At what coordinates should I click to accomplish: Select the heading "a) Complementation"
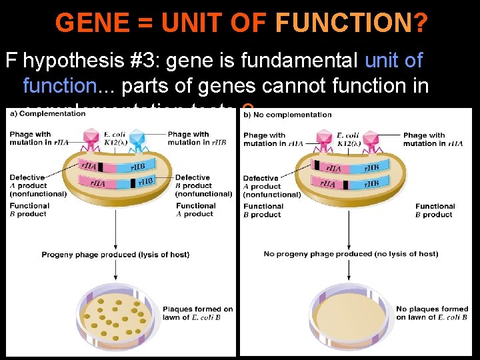point(48,113)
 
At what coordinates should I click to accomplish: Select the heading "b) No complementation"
point(287,114)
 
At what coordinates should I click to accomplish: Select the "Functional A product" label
point(195,210)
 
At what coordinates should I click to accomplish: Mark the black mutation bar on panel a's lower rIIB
point(134,182)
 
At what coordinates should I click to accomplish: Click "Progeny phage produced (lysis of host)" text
point(115,255)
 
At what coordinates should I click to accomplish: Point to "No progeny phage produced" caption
point(351,254)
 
